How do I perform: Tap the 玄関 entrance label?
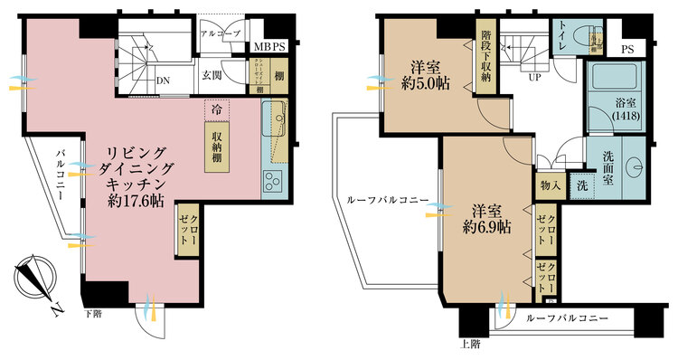pyautogui.click(x=212, y=75)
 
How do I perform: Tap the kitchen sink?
pyautogui.click(x=276, y=118)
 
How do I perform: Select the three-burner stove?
pyautogui.click(x=274, y=182)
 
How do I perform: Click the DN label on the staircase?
pyautogui.click(x=164, y=80)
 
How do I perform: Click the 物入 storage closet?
pyautogui.click(x=551, y=186)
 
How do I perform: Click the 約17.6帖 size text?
pyautogui.click(x=134, y=201)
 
